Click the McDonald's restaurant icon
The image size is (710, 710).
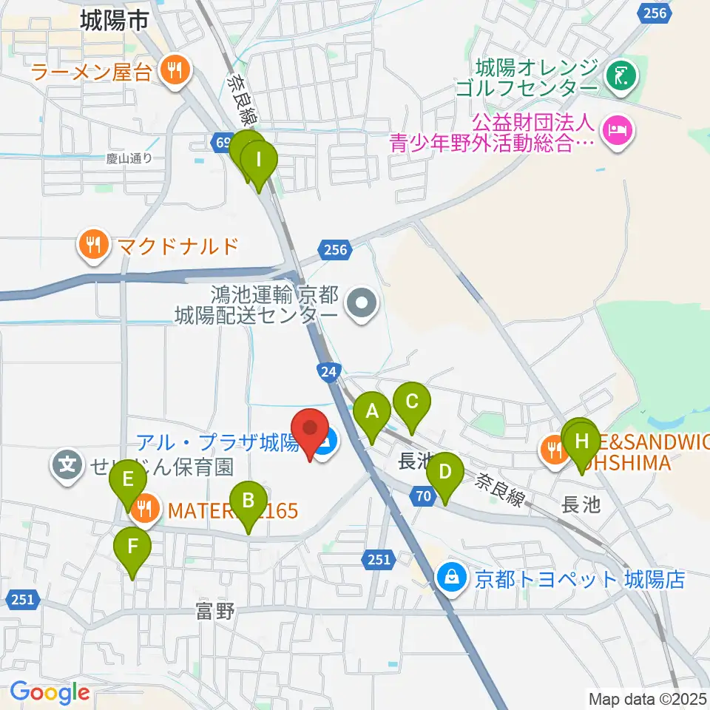pyautogui.click(x=93, y=244)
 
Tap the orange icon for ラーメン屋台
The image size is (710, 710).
pyautogui.click(x=175, y=72)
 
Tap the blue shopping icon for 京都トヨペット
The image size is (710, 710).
pyautogui.click(x=452, y=577)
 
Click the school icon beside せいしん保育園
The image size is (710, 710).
pyautogui.click(x=67, y=466)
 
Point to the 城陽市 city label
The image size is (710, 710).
pyautogui.click(x=115, y=21)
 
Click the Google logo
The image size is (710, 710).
pyautogui.click(x=50, y=692)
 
